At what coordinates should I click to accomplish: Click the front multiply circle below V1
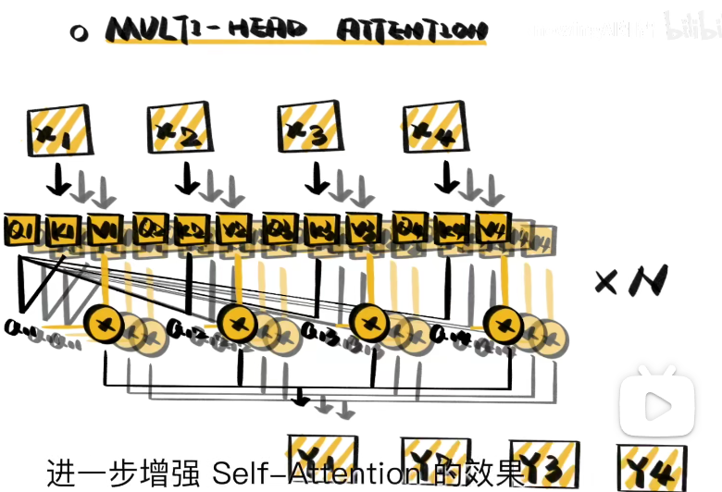tap(104, 323)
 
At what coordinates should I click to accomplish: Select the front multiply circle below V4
tap(505, 323)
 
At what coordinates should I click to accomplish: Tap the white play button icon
tap(658, 404)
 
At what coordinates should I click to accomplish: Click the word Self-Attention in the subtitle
tap(315, 474)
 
